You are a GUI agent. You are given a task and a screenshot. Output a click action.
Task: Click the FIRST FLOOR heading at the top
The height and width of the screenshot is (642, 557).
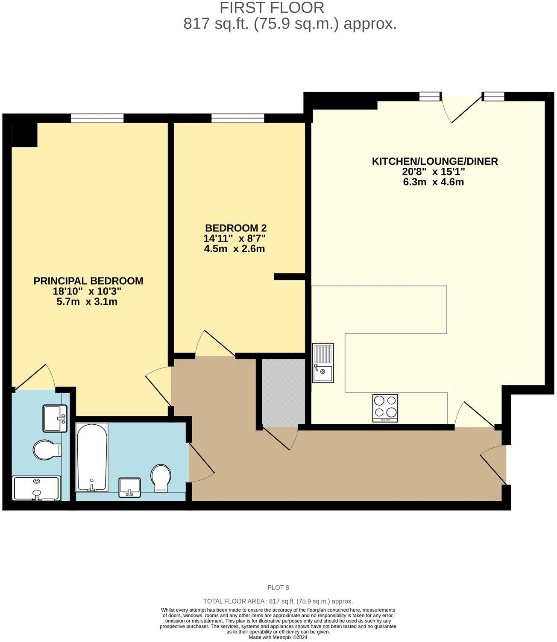(272, 8)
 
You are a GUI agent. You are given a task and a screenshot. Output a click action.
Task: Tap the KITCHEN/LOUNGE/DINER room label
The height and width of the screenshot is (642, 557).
(435, 161)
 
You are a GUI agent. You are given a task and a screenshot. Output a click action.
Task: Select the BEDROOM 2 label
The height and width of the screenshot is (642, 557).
(236, 228)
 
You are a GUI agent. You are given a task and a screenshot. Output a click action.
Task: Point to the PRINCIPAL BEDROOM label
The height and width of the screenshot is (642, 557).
(88, 281)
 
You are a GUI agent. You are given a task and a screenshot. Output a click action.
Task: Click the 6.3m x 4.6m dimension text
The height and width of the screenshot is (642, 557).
(433, 182)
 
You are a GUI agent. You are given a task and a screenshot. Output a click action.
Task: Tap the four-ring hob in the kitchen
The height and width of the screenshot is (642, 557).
(385, 408)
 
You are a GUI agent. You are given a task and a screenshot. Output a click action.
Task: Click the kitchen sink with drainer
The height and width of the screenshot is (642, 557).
(323, 362)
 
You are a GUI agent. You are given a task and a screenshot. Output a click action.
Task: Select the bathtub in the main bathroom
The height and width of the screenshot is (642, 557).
(92, 457)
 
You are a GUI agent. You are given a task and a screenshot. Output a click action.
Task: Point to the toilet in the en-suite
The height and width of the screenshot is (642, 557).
(47, 449)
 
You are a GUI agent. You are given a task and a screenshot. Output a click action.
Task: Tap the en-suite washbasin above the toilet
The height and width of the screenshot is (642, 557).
(55, 418)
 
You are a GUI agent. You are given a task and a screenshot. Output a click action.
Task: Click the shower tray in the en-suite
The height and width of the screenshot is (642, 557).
(36, 488)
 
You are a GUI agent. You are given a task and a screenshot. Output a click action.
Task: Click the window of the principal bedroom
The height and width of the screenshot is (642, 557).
(97, 118)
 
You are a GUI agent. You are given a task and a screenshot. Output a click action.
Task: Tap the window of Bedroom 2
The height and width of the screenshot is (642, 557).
(237, 118)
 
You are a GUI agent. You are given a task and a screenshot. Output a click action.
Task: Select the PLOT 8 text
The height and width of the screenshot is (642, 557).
(278, 587)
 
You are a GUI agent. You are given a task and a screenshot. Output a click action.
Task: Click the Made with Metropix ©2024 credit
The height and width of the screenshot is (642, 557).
(278, 637)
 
